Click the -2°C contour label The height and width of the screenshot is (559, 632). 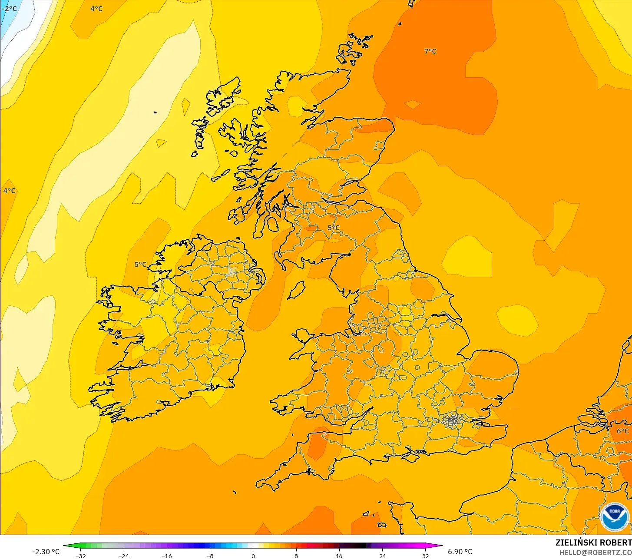pyautogui.click(x=9, y=9)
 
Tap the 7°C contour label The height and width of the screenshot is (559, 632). pyautogui.click(x=430, y=51)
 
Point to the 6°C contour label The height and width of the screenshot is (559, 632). pyautogui.click(x=622, y=431)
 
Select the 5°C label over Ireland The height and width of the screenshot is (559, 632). pyautogui.click(x=140, y=264)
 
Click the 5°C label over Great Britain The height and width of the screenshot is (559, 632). pyautogui.click(x=334, y=228)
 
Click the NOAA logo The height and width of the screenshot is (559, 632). pyautogui.click(x=615, y=517)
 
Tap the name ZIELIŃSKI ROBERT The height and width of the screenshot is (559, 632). pyautogui.click(x=593, y=542)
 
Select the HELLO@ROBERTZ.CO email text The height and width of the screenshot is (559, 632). pyautogui.click(x=595, y=552)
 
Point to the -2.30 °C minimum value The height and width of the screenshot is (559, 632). pyautogui.click(x=46, y=552)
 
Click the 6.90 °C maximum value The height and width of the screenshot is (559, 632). pyautogui.click(x=460, y=552)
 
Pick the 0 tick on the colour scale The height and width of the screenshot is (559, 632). pyautogui.click(x=253, y=556)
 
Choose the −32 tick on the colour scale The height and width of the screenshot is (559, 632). pyautogui.click(x=80, y=556)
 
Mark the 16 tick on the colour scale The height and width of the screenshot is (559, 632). pyautogui.click(x=339, y=556)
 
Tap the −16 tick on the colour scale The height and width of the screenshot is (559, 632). pyautogui.click(x=167, y=556)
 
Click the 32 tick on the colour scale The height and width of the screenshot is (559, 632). pyautogui.click(x=426, y=556)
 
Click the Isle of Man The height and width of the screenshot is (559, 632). pyautogui.click(x=297, y=290)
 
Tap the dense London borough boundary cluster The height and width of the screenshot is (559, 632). pyautogui.click(x=453, y=420)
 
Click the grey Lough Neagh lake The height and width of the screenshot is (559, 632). pyautogui.click(x=231, y=272)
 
